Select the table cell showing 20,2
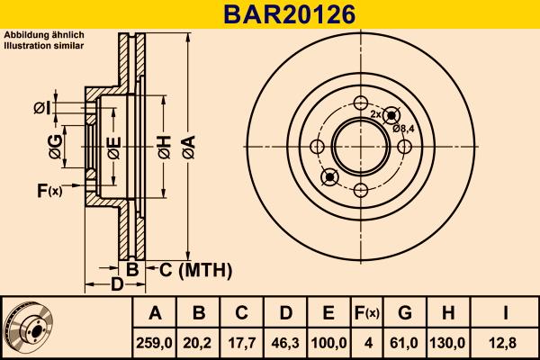click(x=199, y=342)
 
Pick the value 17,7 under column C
click(x=242, y=342)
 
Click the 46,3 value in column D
click(x=285, y=342)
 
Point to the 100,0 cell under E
click(x=328, y=342)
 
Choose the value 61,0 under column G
click(x=405, y=342)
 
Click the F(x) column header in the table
click(x=366, y=313)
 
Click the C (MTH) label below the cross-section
click(x=195, y=269)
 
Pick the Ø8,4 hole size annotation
click(x=404, y=129)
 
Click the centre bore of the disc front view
click(x=359, y=147)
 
